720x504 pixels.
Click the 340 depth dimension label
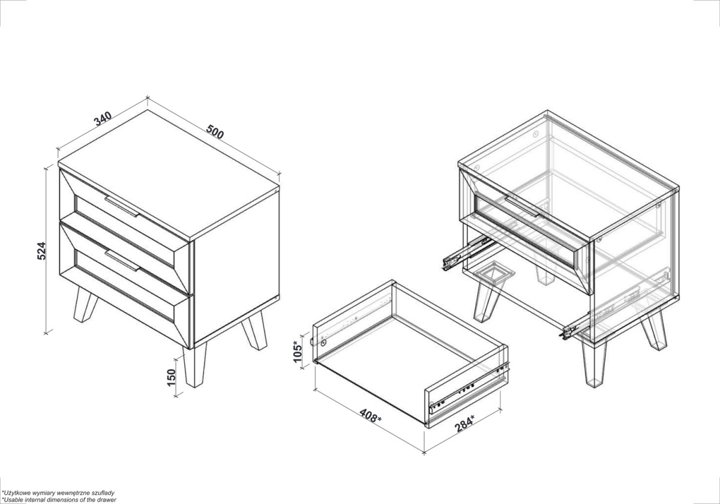pos(103,118)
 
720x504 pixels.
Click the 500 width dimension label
pos(215,131)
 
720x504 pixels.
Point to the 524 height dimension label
pos(41,251)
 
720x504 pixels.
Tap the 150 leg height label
pos(172,377)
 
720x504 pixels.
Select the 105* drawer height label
pos(298,352)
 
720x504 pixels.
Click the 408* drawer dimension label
pos(370,416)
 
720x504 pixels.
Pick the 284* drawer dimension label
pos(464,424)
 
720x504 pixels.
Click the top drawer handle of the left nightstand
pos(122,206)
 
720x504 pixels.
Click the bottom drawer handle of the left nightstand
pos(122,260)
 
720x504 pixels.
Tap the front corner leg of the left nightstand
pos(195,366)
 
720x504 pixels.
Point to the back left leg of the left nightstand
pos(85,304)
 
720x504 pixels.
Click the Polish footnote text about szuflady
pos(58,493)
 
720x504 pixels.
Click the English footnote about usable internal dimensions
pos(59,500)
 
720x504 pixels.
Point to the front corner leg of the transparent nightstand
pos(595,363)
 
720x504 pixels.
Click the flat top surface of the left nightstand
pos(169,175)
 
